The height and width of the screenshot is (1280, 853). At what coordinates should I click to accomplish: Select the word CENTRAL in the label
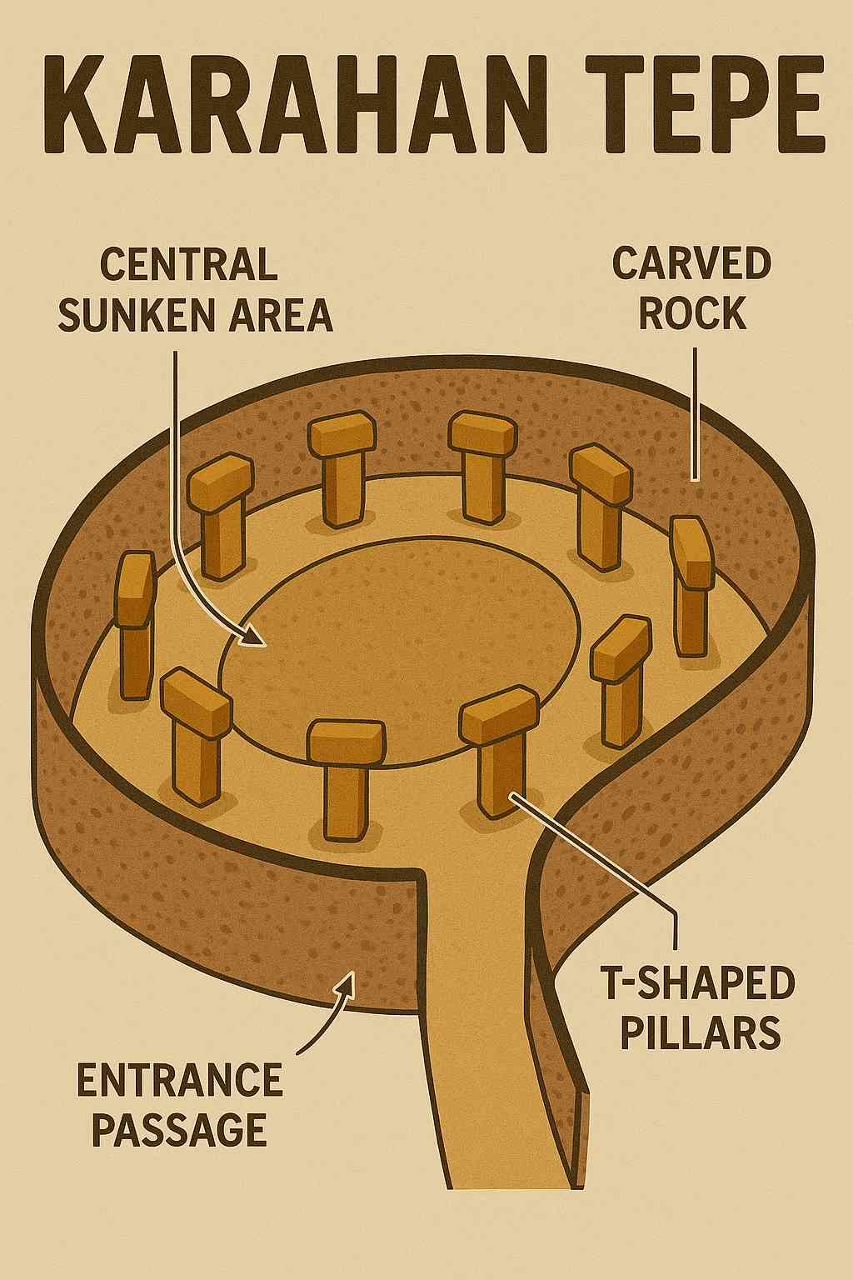click(x=188, y=265)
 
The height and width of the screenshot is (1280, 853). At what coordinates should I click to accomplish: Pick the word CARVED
click(x=691, y=265)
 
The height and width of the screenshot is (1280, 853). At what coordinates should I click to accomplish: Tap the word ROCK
click(x=691, y=315)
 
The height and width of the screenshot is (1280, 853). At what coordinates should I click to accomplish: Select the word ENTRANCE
click(x=180, y=1081)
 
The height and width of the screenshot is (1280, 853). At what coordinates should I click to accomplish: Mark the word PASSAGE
click(x=180, y=1130)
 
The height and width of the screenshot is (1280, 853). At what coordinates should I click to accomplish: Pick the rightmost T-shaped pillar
click(x=691, y=583)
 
